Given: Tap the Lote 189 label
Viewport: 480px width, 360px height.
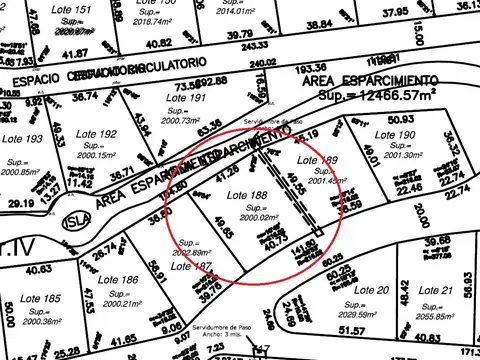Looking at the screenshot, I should point(319,160).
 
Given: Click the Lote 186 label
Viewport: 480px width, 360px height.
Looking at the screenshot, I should point(117,280).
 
